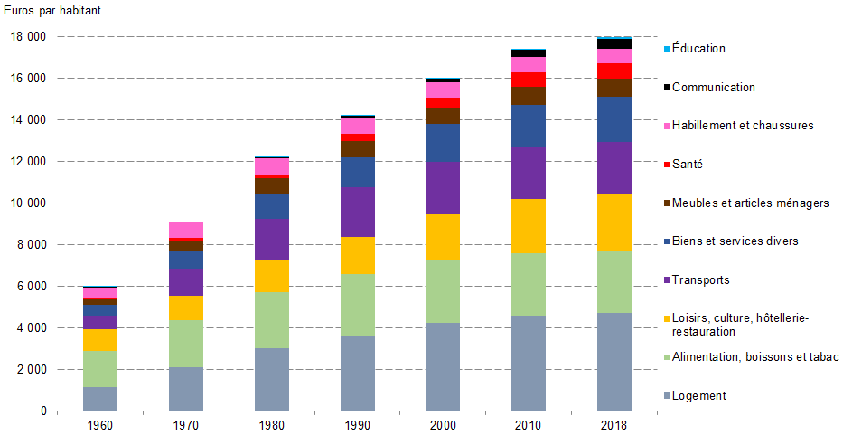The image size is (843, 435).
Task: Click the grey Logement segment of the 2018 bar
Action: coord(614,362)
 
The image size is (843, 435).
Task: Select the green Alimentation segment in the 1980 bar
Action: coord(272,320)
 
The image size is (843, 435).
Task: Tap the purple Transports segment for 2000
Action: coord(443,188)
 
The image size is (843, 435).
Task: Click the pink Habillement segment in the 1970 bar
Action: coord(186,230)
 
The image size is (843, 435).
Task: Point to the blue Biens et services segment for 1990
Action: coord(358,172)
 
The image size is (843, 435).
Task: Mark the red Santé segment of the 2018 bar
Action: coord(614,71)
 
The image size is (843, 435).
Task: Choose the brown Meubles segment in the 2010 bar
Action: coord(529,96)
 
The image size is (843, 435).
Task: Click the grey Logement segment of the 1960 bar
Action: coord(100,399)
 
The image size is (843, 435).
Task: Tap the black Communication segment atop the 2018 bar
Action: coord(614,44)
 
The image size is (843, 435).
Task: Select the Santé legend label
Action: coord(687,164)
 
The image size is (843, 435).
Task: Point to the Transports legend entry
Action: coord(700,280)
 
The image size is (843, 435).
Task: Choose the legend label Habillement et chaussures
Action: coord(743,126)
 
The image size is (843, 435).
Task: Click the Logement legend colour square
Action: coord(666,396)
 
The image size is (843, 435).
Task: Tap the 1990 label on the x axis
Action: coord(358,424)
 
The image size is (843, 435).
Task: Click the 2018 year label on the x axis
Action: coord(614,424)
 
